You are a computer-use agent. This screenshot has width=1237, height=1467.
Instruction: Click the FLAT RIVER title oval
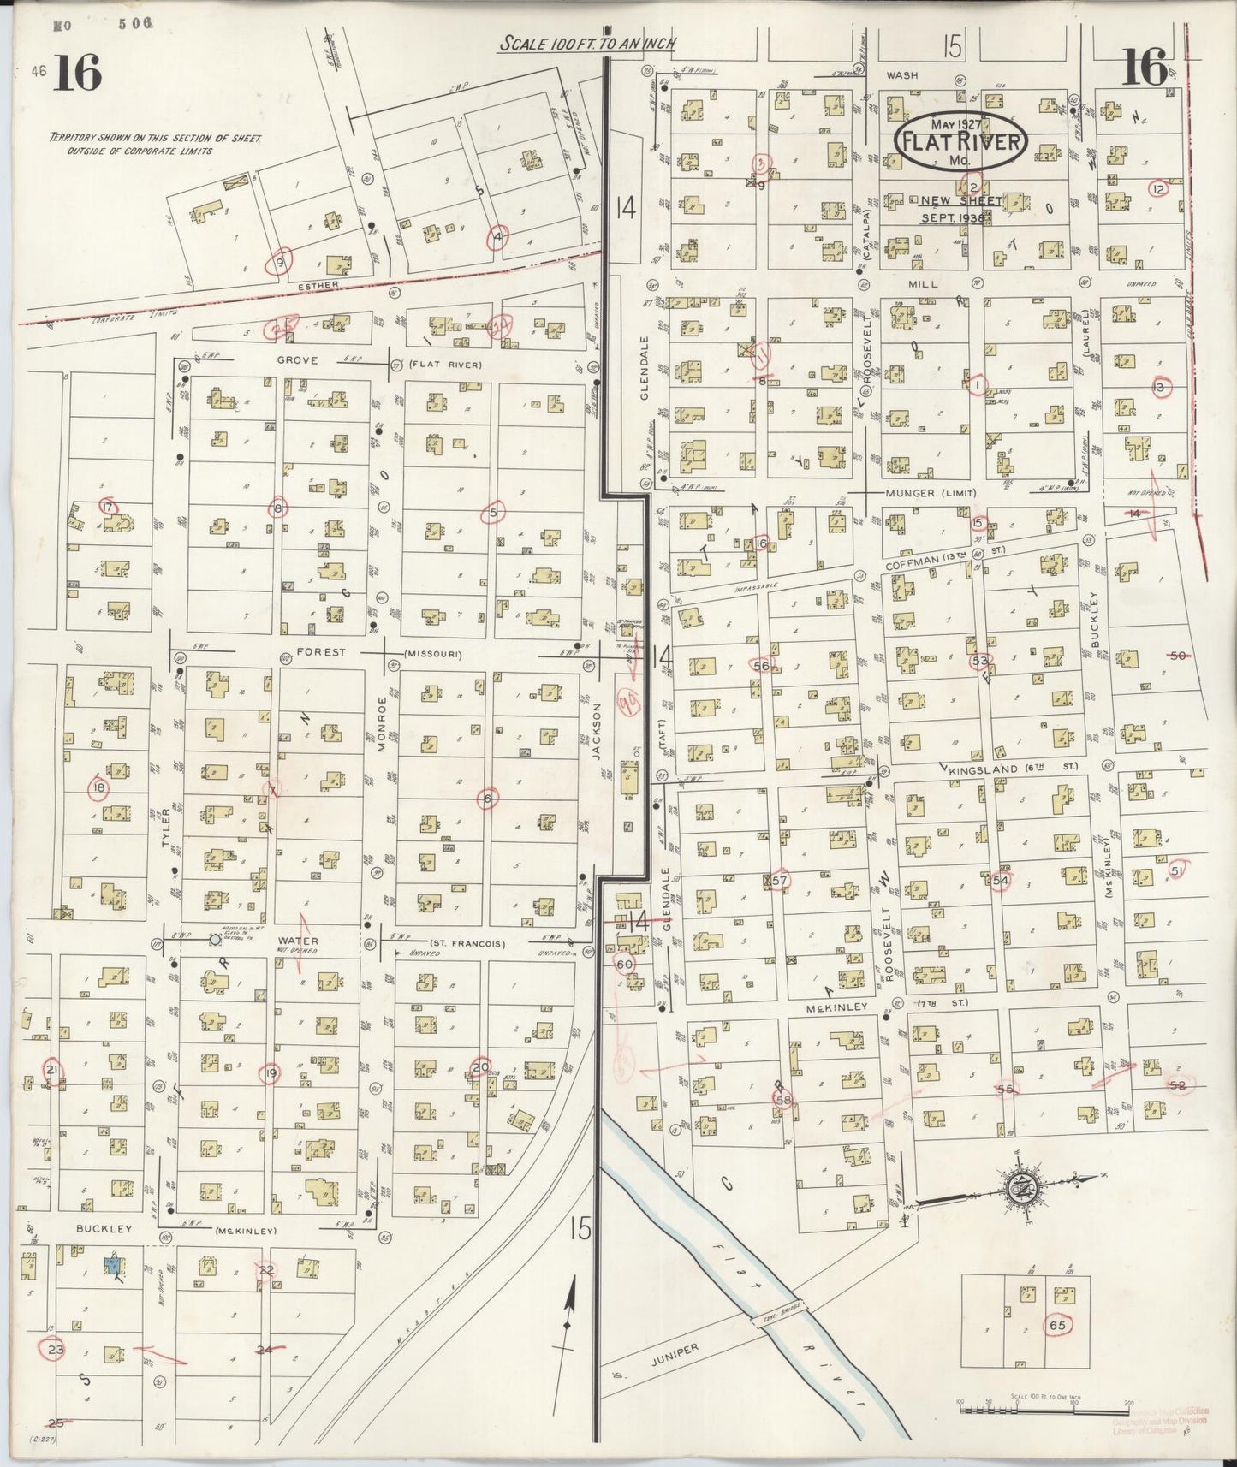click(961, 141)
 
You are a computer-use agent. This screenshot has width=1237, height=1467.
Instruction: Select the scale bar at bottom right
click(1040, 1406)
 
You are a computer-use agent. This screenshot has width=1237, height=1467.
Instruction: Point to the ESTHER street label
click(318, 284)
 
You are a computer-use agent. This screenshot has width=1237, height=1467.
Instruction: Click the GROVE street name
click(297, 360)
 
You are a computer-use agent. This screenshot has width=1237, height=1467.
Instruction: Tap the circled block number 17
click(107, 507)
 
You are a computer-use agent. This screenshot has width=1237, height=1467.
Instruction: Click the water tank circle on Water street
click(214, 940)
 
